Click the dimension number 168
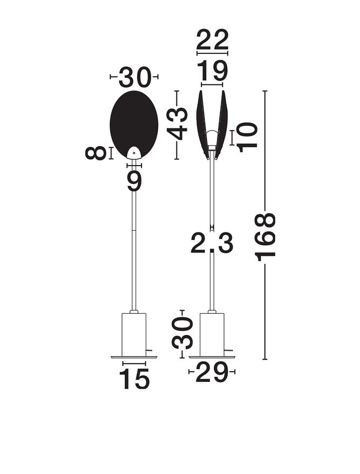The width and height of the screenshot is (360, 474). pyautogui.click(x=266, y=237)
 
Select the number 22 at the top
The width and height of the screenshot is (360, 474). pyautogui.click(x=212, y=40)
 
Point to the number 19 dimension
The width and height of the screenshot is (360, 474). pyautogui.click(x=212, y=71)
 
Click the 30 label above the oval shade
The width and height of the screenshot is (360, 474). pyautogui.click(x=134, y=78)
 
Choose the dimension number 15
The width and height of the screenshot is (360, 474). pyautogui.click(x=134, y=379)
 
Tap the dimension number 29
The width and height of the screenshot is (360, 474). pyautogui.click(x=212, y=373)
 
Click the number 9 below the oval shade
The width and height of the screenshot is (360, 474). pyautogui.click(x=134, y=181)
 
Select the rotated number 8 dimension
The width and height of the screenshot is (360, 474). pyautogui.click(x=96, y=153)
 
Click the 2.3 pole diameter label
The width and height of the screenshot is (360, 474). pyautogui.click(x=212, y=244)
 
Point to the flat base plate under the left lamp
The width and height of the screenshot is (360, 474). pyautogui.click(x=134, y=357)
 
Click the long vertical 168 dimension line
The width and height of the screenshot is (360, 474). pyautogui.click(x=265, y=302)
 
